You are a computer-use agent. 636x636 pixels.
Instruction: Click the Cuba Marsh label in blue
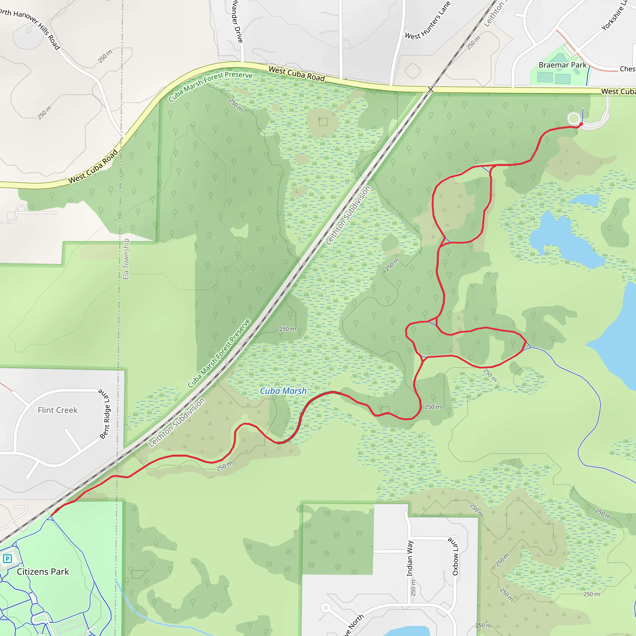pyautogui.click(x=283, y=391)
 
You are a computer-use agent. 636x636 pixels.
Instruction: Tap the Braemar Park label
pyautogui.click(x=562, y=65)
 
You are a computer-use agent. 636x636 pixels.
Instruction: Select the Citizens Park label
pyautogui.click(x=43, y=571)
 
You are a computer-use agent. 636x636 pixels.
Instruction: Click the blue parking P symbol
pyautogui.click(x=7, y=559)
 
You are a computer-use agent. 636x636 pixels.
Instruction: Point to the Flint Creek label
pyautogui.click(x=58, y=410)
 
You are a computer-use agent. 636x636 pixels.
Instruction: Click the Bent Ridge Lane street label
pyautogui.click(x=105, y=414)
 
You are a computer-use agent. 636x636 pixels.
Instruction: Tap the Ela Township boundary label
pyautogui.click(x=126, y=259)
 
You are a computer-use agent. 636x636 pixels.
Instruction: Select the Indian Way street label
pyautogui.click(x=410, y=558)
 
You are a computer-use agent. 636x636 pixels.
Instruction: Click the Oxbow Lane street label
pyautogui.click(x=455, y=556)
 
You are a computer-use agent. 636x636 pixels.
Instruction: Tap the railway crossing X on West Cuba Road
pyautogui.click(x=431, y=89)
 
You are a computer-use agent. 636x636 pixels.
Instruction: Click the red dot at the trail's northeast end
pyautogui.click(x=581, y=124)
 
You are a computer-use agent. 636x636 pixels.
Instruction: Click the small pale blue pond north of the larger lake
pyautogui.click(x=585, y=199)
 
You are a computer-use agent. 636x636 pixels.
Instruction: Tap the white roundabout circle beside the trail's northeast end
pyautogui.click(x=574, y=119)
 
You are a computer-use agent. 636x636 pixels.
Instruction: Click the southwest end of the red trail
pyautogui.click(x=52, y=515)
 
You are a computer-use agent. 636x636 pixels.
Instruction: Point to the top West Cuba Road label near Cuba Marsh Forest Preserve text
pyautogui.click(x=297, y=74)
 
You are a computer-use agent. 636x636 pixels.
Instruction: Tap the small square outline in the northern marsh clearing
pyautogui.click(x=323, y=122)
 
